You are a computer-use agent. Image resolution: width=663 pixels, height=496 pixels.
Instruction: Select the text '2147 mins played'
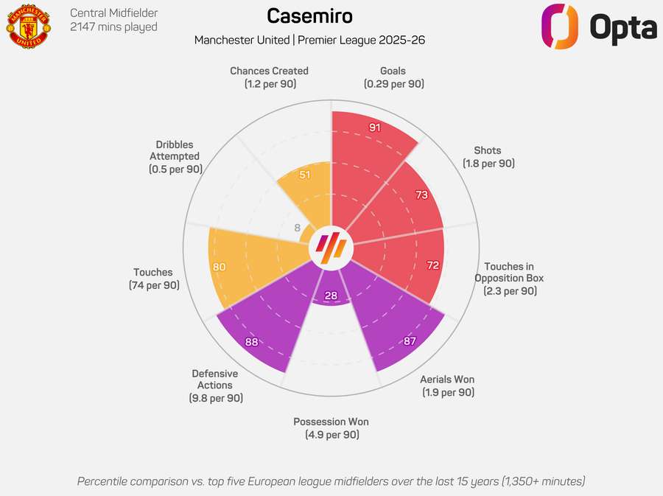coord(113,27)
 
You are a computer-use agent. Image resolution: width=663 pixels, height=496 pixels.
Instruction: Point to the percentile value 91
coord(375,128)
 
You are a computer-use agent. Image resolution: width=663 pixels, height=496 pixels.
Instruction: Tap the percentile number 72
coord(432,265)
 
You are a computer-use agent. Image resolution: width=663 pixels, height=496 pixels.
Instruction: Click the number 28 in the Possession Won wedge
coord(331,296)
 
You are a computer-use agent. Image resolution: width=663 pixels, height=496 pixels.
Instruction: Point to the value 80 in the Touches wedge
coord(219,267)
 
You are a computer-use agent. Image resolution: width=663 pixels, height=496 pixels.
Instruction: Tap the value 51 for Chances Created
coord(305,175)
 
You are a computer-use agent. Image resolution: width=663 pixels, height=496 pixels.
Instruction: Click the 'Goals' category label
coord(393,71)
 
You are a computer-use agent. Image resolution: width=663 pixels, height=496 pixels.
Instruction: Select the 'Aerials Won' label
coord(447,380)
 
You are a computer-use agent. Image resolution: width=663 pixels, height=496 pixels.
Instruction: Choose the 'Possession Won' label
coord(331,422)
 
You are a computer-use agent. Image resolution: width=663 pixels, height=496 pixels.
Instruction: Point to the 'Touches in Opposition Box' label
coord(509,273)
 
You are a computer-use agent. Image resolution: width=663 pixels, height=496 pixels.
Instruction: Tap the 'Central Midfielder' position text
coord(113,13)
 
